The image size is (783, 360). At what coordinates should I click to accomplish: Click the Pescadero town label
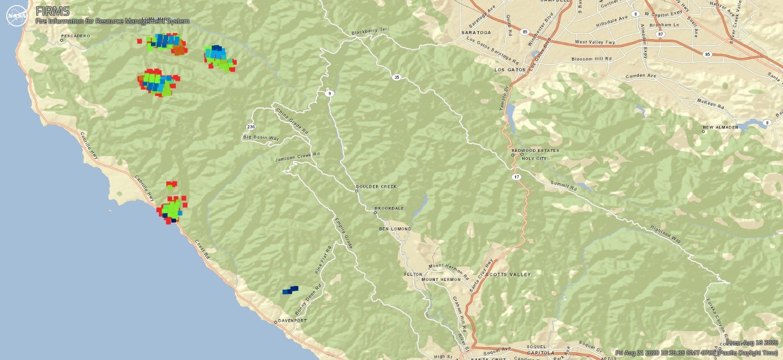75,36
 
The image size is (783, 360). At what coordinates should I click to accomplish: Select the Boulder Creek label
376,187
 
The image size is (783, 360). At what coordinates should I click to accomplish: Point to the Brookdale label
389,209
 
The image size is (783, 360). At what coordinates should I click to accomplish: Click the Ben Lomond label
395,229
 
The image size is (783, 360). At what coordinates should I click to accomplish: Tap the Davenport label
293,321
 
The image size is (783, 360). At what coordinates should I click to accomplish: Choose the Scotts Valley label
508,274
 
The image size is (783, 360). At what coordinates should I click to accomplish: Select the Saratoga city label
476,32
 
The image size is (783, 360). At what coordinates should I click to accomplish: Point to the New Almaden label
720,127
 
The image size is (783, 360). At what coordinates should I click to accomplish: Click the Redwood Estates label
535,150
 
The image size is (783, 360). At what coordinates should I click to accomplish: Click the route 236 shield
250,126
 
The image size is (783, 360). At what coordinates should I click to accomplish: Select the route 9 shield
330,93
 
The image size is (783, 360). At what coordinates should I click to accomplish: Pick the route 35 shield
396,78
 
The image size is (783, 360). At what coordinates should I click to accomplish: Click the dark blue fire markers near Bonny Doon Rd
290,290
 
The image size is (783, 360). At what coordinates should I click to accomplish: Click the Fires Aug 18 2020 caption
752,343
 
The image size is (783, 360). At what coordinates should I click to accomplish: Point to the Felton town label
413,274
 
